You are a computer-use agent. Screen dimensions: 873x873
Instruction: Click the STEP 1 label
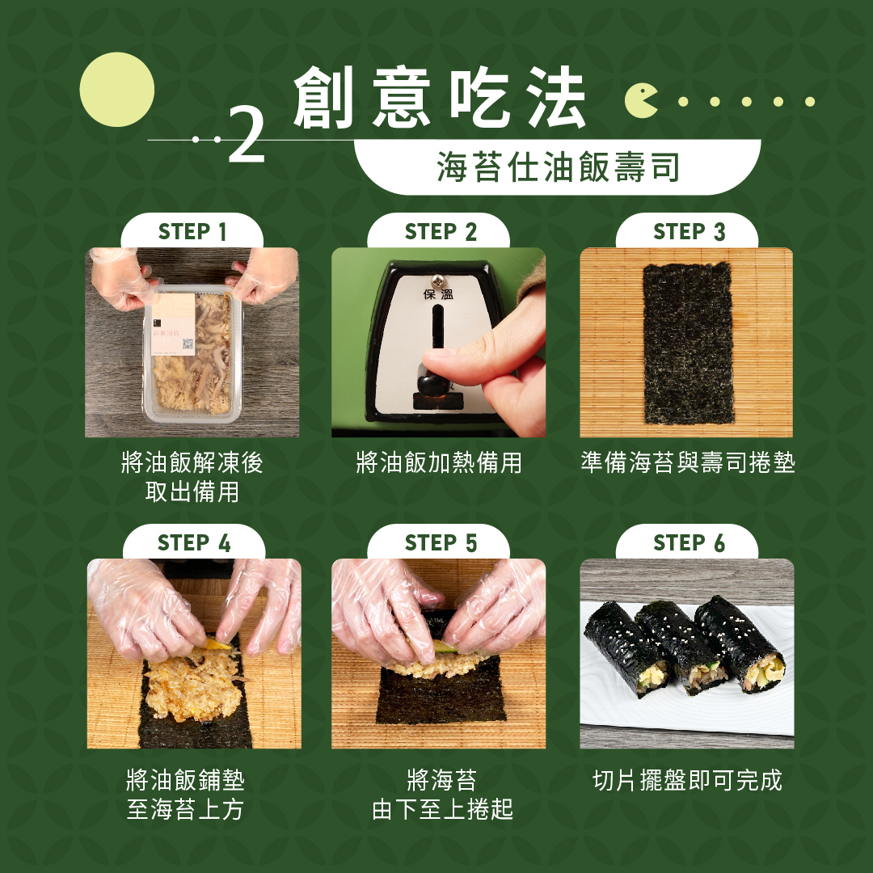tap(192, 232)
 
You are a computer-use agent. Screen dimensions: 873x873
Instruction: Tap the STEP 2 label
tap(441, 232)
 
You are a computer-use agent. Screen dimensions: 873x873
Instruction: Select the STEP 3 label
tap(689, 232)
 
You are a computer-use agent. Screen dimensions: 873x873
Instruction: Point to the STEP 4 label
tap(194, 543)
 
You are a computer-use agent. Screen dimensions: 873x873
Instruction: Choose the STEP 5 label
tap(441, 543)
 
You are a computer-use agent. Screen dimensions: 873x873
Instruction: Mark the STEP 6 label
tap(689, 543)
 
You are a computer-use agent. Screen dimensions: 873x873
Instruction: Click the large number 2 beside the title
tap(247, 135)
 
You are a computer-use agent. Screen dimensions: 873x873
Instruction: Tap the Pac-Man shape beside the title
tap(640, 101)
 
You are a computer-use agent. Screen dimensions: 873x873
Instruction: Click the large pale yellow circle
tap(117, 90)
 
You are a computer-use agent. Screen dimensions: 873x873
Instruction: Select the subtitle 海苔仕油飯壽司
tap(558, 167)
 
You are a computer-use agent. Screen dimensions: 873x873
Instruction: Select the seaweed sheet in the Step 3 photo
tap(688, 343)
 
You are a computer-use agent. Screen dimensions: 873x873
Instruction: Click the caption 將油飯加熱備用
tap(439, 462)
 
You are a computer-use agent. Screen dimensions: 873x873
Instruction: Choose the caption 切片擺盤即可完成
tap(688, 780)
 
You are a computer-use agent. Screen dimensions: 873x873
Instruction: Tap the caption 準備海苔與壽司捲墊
tap(688, 462)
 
